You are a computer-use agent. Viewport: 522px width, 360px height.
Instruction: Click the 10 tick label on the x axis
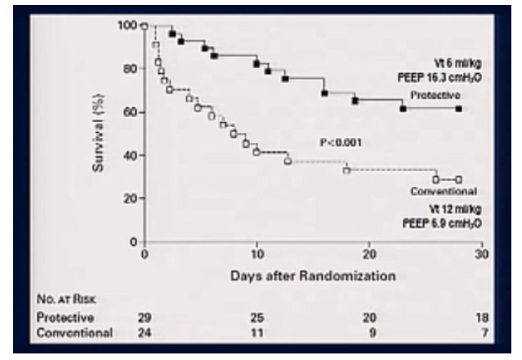click(256, 255)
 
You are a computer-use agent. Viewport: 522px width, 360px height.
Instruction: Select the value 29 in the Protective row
click(145, 317)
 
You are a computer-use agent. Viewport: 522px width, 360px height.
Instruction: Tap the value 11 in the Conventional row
click(258, 333)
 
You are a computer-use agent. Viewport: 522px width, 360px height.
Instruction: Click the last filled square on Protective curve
click(459, 108)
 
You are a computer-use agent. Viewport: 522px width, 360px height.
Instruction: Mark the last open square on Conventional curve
click(459, 179)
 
